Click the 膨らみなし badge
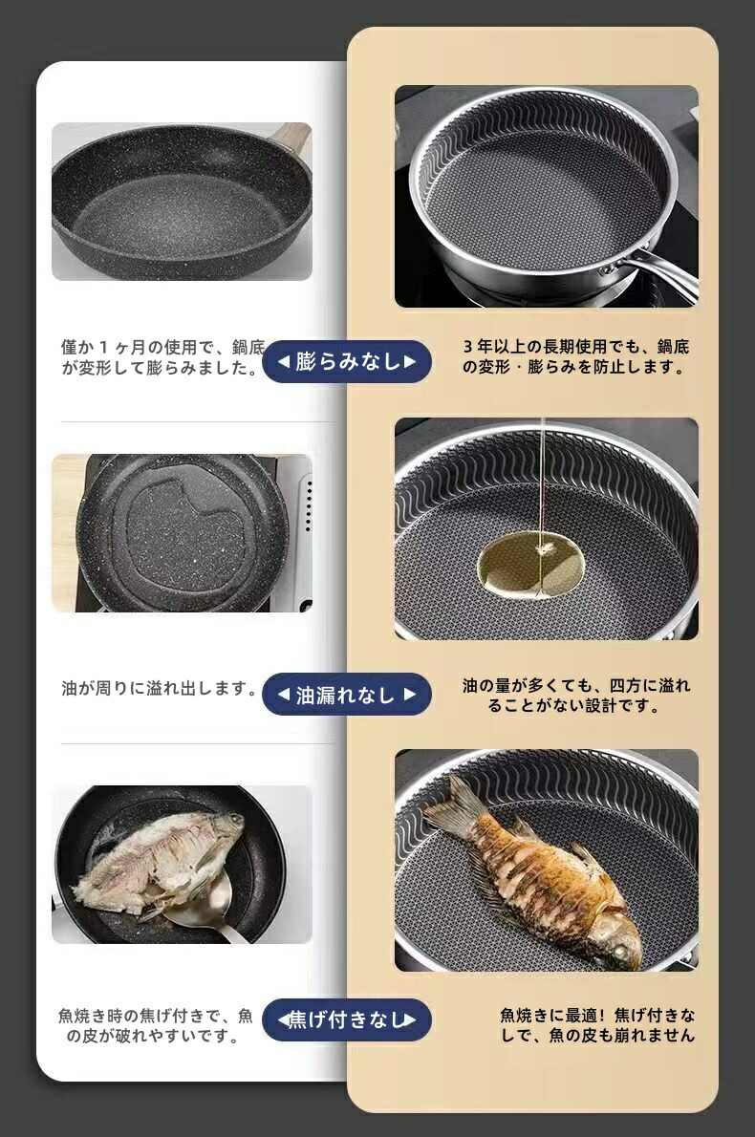tap(347, 361)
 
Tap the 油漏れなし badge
tap(347, 695)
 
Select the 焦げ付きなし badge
tap(347, 1019)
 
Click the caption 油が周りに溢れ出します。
tap(161, 689)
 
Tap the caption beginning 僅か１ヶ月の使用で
tap(163, 357)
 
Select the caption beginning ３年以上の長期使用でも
tap(576, 356)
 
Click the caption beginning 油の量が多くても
tap(576, 696)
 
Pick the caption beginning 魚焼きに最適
tap(597, 1024)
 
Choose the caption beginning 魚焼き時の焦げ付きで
tap(155, 1025)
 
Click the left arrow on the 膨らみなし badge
tap(284, 361)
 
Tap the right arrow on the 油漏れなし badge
tap(410, 695)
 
